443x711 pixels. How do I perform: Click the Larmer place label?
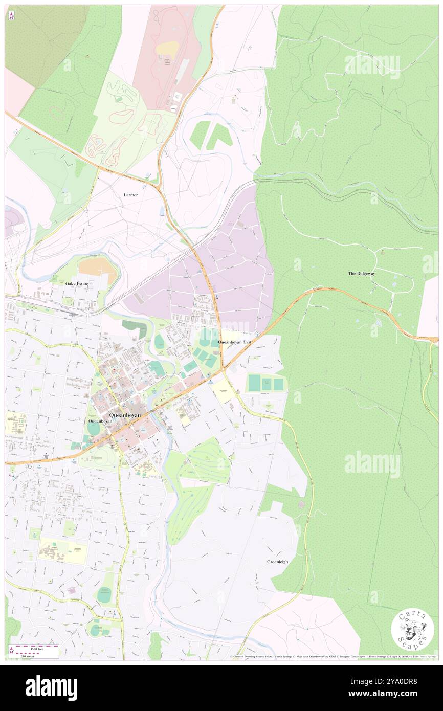tap(130, 195)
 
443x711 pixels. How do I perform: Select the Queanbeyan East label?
tap(235, 341)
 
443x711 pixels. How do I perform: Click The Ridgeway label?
tap(362, 274)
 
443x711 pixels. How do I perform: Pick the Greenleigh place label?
tap(277, 561)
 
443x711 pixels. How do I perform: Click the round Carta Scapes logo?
tap(412, 629)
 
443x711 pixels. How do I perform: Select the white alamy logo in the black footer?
tap(51, 688)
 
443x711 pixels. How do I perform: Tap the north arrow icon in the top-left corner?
tap(11, 15)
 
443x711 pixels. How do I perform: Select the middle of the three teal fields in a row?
tap(266, 383)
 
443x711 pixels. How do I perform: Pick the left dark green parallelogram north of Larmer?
tap(200, 135)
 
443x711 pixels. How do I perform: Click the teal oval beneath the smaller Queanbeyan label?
tap(94, 429)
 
